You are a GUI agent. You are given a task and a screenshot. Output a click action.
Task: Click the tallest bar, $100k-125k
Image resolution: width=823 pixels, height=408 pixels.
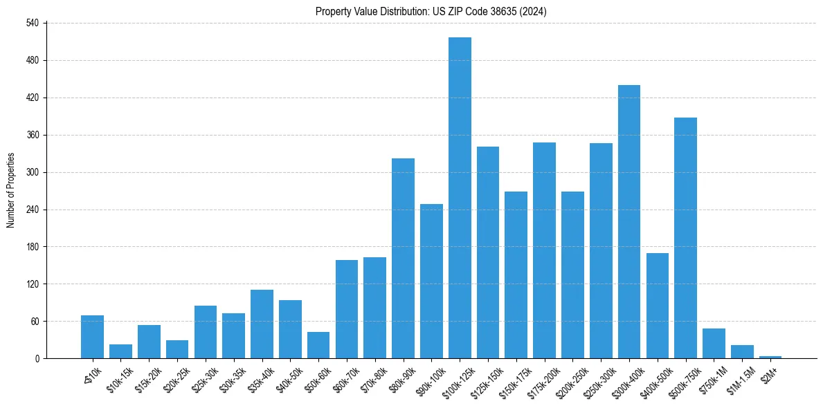click(460, 198)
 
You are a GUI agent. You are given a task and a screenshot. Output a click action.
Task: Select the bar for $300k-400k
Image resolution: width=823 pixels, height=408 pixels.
click(628, 221)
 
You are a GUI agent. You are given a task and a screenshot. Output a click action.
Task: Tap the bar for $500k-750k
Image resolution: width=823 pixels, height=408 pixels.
click(685, 238)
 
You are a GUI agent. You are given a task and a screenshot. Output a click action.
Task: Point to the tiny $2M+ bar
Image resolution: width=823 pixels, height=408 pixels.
click(770, 357)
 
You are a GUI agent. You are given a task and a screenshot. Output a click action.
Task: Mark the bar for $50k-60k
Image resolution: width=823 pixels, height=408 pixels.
click(318, 345)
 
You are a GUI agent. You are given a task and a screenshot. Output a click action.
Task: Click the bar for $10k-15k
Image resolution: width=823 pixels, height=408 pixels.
click(120, 351)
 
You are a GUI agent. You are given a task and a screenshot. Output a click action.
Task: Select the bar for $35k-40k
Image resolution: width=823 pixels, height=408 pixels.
click(262, 324)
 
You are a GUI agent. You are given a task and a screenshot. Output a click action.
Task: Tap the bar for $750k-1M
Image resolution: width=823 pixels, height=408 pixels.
click(714, 343)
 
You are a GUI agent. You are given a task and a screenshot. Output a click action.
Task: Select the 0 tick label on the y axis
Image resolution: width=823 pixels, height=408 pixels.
click(38, 358)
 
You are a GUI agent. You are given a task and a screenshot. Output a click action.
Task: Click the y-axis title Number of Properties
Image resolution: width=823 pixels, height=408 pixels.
click(10, 190)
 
